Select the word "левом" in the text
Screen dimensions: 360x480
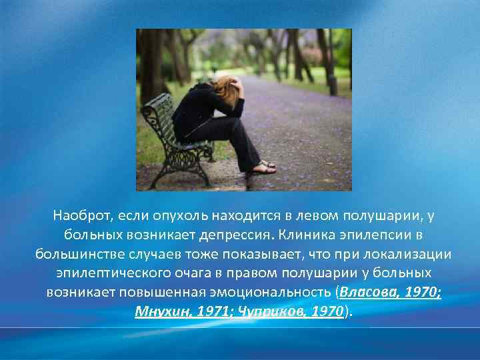[x=303, y=216]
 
